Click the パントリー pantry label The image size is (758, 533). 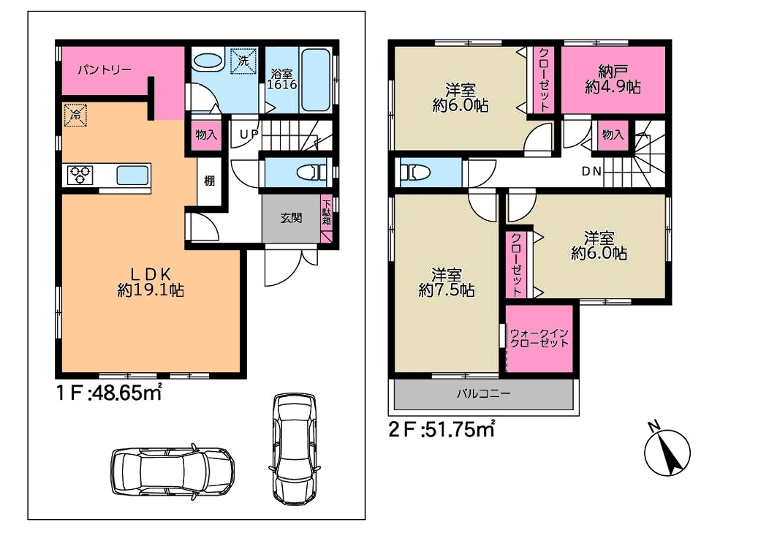105,70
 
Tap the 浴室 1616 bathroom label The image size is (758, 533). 282,79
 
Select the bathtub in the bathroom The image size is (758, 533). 317,80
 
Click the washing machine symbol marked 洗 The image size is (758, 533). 243,61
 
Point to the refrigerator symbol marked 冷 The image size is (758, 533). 75,115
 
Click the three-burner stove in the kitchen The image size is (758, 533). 80,175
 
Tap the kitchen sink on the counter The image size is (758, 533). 133,175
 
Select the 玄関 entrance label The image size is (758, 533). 291,218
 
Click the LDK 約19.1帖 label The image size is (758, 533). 151,282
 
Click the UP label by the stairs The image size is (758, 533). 249,134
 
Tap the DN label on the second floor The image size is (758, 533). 591,171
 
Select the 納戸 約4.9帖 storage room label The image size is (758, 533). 613,80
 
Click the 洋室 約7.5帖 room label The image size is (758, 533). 446,282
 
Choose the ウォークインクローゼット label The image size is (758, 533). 539,338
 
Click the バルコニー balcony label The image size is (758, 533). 483,393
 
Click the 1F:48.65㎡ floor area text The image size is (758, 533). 109,393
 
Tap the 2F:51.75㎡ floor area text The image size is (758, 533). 441,429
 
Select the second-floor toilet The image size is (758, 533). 415,173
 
